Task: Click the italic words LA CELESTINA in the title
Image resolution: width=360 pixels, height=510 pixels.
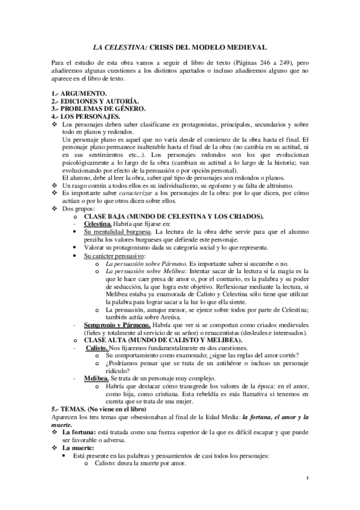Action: pos(121,46)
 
